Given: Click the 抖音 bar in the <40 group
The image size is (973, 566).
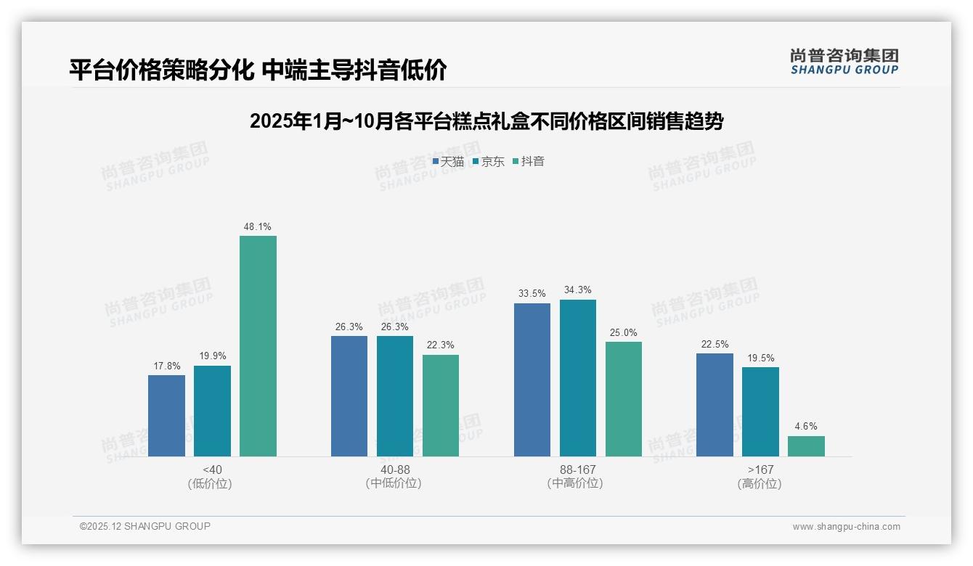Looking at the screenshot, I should click(258, 346).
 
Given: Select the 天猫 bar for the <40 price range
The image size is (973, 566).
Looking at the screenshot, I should click(166, 416).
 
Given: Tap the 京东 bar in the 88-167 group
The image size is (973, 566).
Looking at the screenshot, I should click(577, 378).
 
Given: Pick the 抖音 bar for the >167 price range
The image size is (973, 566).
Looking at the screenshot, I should click(806, 446).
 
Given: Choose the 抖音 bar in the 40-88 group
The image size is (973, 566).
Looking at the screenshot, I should click(441, 406).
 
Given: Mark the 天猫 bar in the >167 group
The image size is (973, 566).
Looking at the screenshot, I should click(715, 405).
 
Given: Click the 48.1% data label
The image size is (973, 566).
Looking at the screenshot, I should click(258, 226).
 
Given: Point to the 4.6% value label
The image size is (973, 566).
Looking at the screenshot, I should click(806, 427).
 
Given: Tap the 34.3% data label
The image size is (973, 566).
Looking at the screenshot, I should click(578, 290).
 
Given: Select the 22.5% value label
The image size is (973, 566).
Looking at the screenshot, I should click(715, 344).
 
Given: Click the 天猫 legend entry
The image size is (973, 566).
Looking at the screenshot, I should click(448, 162).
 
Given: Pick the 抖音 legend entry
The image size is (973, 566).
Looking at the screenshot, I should click(529, 162).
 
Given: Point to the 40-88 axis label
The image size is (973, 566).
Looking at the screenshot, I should click(394, 470).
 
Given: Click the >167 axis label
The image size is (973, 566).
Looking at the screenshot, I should click(760, 470).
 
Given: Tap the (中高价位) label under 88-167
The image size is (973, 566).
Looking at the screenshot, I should click(577, 483).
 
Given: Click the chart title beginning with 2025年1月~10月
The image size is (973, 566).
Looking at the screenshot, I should click(486, 121).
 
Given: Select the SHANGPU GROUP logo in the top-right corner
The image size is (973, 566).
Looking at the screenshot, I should click(844, 62).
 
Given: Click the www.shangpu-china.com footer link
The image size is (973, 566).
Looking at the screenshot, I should click(846, 527).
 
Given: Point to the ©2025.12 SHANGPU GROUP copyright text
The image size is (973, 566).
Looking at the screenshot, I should click(145, 526).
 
